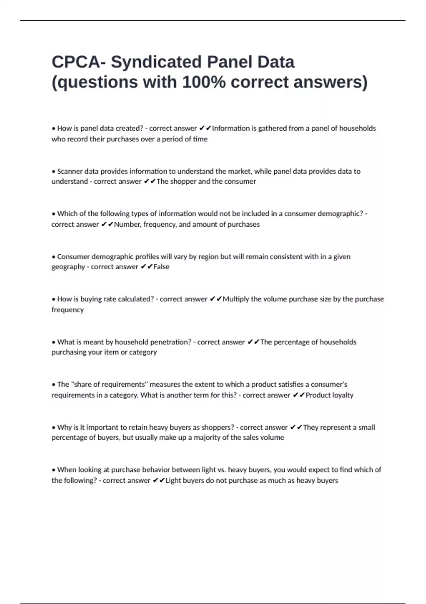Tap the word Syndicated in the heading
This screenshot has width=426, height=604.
coord(156,62)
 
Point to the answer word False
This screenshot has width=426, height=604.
coord(161,267)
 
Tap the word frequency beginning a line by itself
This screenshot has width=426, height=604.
coord(68,310)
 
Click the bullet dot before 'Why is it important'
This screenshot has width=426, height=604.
coord(54,428)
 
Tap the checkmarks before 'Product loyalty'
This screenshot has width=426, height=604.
coord(299,395)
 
